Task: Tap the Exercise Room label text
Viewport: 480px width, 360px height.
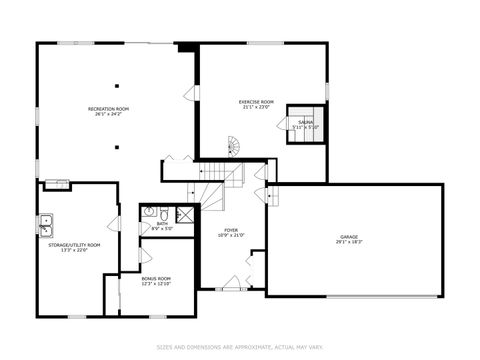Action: [257, 102]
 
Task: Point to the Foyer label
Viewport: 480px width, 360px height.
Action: [231, 230]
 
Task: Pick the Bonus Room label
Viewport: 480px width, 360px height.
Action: [156, 278]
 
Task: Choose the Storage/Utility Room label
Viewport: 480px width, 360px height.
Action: [81, 244]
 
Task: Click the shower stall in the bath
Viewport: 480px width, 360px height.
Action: [185, 213]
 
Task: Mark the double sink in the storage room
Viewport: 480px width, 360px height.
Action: [45, 223]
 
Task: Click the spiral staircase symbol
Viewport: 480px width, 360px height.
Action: [235, 149]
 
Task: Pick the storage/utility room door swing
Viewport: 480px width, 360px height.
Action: [113, 223]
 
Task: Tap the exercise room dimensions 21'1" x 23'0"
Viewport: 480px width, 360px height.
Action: [257, 108]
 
